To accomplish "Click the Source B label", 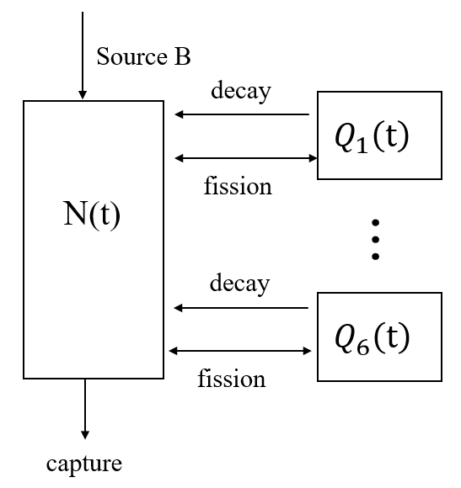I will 143,57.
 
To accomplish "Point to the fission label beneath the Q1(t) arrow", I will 238,185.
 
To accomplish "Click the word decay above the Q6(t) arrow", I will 240,284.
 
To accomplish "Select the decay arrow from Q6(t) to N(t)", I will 241,308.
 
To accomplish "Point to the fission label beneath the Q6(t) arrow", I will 232,379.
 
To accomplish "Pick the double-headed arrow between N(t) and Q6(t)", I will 241,350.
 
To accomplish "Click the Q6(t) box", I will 378,337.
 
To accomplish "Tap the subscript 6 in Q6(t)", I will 361,344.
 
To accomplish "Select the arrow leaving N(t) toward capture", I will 85,408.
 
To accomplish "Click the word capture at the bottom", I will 84,463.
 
